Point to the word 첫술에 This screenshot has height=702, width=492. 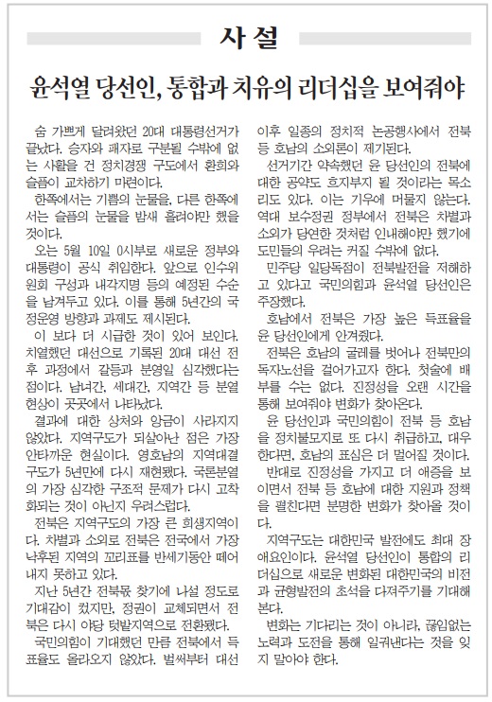430,372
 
